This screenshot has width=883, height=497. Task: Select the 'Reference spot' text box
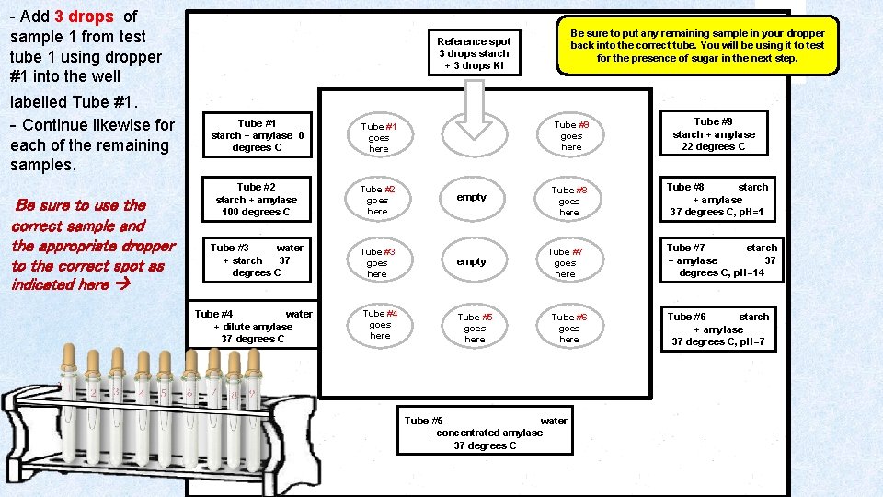click(474, 53)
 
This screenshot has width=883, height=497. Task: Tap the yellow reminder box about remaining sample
click(697, 45)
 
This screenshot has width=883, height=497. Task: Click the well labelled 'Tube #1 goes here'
click(378, 137)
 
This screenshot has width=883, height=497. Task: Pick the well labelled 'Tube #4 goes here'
click(380, 324)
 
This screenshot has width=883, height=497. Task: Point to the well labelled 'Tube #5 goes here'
click(475, 328)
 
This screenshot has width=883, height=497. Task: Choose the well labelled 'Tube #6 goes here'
click(569, 328)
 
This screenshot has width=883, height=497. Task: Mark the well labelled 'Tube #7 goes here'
click(565, 262)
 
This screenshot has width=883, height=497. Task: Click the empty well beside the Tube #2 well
click(471, 197)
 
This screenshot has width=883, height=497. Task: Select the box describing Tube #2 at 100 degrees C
click(256, 200)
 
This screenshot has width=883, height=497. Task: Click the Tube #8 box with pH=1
click(717, 200)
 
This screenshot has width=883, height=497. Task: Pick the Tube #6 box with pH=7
click(717, 329)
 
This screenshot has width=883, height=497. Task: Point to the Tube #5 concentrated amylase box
click(485, 433)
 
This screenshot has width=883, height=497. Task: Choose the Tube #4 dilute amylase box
click(253, 327)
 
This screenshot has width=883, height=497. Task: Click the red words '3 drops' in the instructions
click(84, 17)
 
